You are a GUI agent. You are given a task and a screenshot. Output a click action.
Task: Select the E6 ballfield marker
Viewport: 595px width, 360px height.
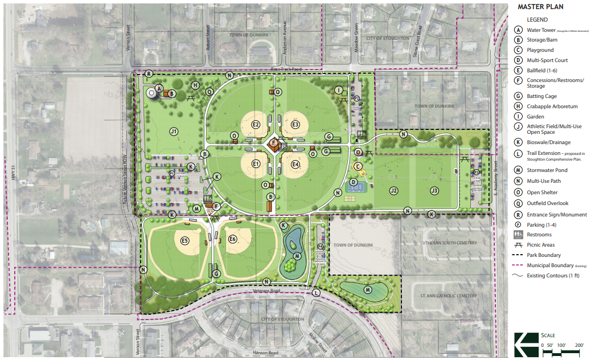pos(232,239)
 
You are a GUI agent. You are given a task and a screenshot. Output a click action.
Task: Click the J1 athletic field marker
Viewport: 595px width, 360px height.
pos(174,132)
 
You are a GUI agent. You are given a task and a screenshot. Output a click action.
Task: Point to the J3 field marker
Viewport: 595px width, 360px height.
pos(434,191)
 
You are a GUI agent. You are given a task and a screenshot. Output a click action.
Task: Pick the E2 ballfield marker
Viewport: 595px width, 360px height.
pos(256,125)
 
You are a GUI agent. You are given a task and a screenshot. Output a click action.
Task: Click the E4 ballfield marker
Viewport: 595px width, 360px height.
pos(296,165)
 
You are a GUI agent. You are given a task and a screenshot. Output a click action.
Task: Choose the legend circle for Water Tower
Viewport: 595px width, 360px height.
pos(518,30)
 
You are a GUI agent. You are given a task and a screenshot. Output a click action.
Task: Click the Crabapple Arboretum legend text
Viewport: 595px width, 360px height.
pos(552,107)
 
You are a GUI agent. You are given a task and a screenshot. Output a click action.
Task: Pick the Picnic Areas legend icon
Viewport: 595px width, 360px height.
pos(518,245)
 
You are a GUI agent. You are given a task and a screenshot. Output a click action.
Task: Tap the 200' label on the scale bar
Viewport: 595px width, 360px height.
pos(580,345)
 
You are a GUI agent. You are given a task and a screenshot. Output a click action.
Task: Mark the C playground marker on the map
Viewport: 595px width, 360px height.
pos(358,166)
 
